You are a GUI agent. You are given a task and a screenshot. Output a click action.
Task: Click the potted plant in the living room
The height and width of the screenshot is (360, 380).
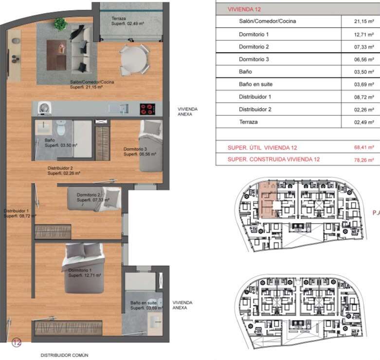click(61, 23)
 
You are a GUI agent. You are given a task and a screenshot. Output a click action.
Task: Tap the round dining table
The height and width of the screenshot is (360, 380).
click(134, 60)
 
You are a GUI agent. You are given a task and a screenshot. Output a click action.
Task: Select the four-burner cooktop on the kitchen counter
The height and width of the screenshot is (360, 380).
click(147, 109)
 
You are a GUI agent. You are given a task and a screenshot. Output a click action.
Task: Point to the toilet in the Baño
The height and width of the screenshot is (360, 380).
click(61, 128)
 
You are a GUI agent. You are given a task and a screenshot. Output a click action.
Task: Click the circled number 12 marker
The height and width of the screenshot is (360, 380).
click(17, 342)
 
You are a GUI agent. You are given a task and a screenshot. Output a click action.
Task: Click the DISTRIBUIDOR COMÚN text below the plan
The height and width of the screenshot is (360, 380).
click(64, 355)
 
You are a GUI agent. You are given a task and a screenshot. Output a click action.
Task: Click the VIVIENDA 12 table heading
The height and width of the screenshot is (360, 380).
click(244, 9)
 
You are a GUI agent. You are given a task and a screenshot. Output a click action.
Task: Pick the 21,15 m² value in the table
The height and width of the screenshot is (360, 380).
click(364, 21)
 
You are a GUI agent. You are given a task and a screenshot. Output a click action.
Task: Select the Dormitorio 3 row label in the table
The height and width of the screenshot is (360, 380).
click(253, 59)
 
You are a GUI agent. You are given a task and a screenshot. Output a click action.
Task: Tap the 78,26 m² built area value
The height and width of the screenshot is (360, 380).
click(364, 160)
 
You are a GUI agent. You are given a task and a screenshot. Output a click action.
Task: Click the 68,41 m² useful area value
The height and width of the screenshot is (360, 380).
click(364, 147)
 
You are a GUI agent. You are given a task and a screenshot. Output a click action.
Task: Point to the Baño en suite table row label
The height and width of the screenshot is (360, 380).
click(255, 84)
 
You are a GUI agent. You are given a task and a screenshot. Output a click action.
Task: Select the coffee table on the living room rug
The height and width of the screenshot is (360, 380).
click(56, 55)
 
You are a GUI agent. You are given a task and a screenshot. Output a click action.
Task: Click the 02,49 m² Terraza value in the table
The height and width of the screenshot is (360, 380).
click(364, 122)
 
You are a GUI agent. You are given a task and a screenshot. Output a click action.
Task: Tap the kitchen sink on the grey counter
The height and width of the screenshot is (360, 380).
click(118, 109)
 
